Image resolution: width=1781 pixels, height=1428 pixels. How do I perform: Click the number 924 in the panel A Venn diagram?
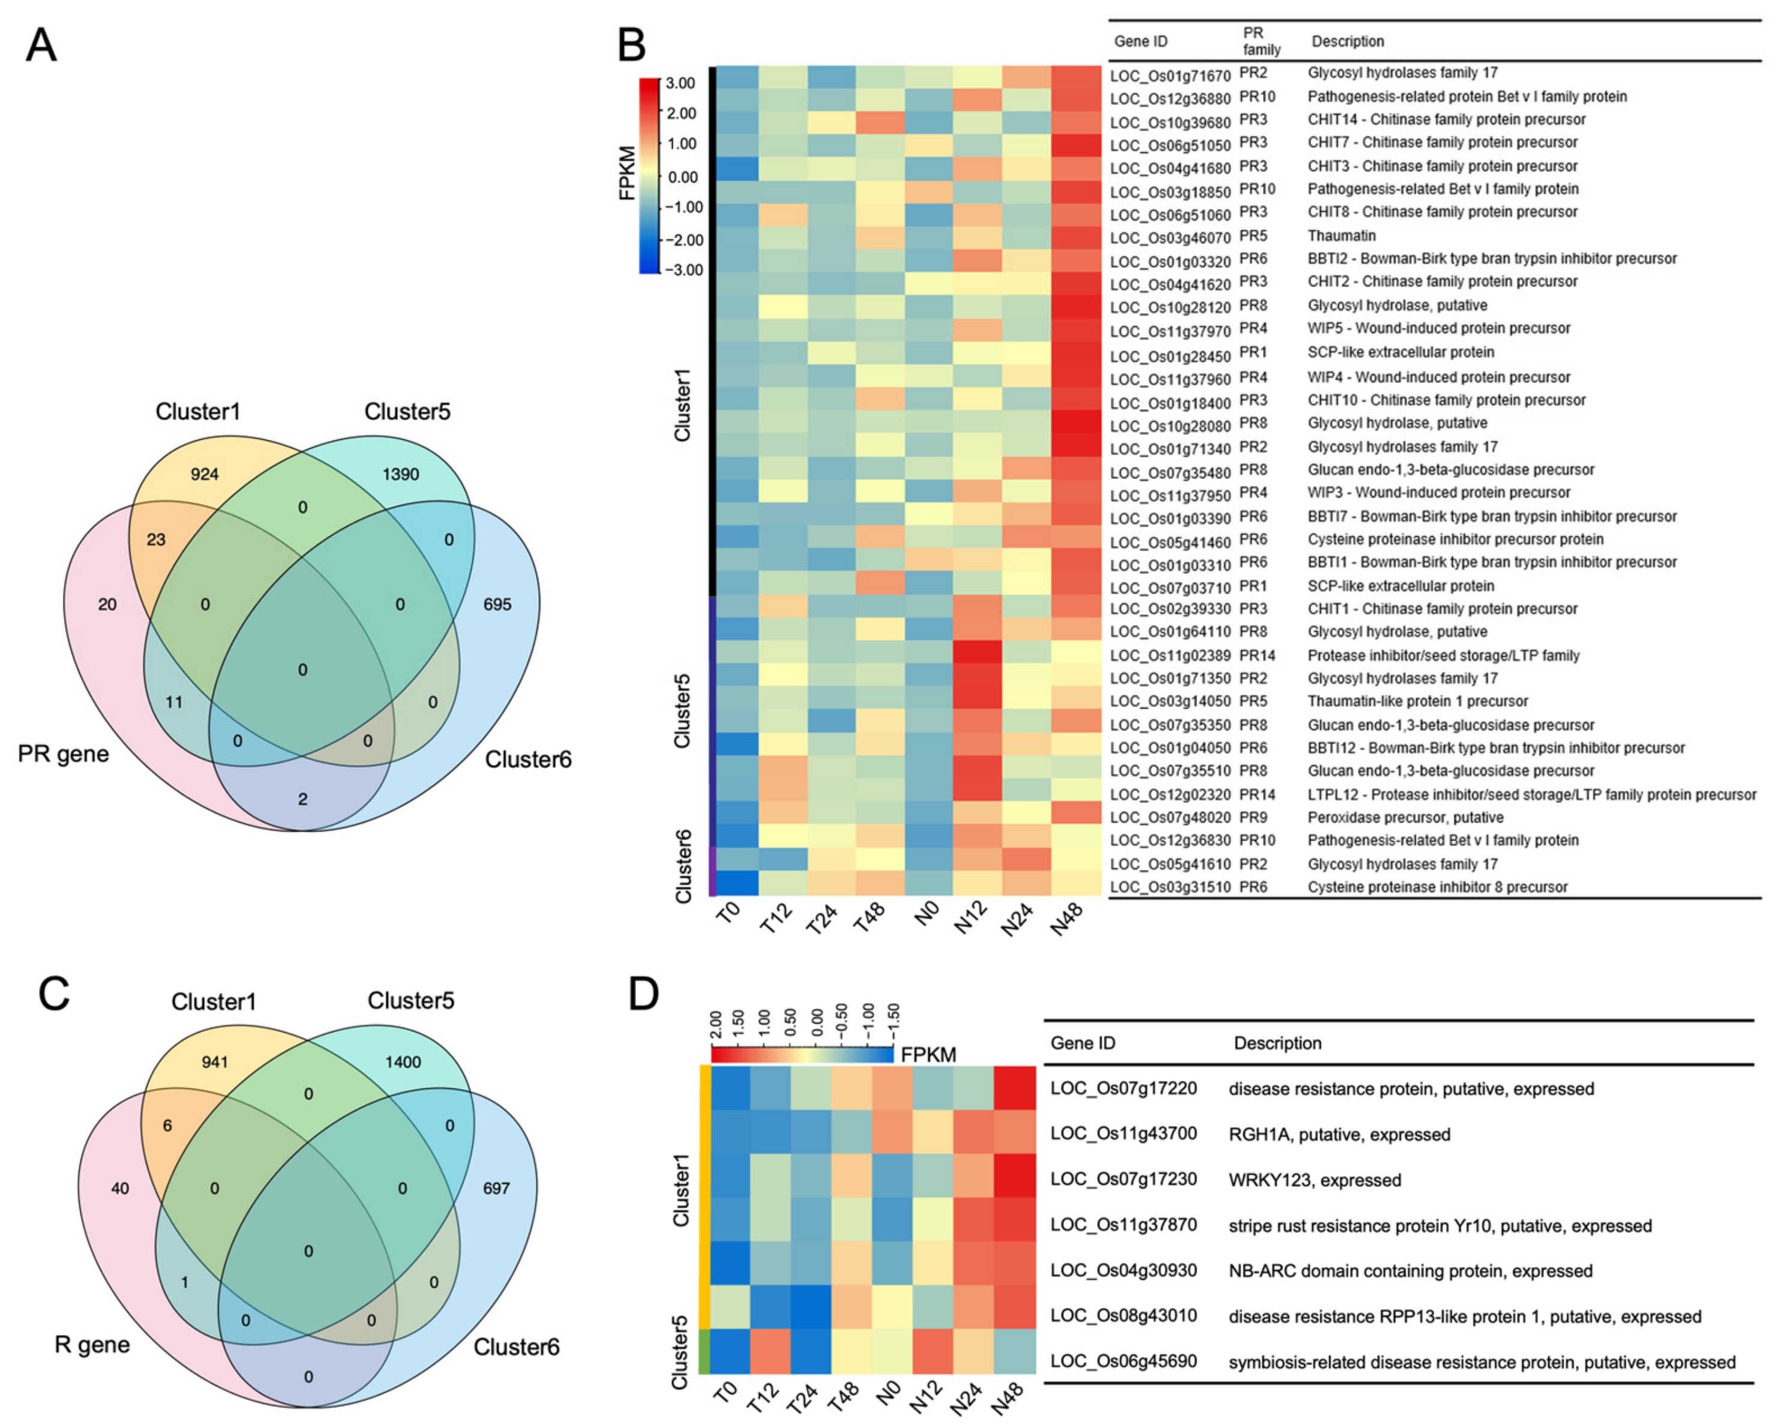(205, 474)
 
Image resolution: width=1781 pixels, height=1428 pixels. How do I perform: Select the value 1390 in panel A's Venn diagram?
(401, 474)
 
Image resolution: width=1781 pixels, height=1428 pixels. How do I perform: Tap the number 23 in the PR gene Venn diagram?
(156, 539)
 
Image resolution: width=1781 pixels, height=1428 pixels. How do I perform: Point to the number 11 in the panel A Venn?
(173, 702)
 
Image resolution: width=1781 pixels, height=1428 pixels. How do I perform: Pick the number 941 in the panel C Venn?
(215, 1062)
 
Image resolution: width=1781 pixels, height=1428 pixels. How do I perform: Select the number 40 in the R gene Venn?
(120, 1189)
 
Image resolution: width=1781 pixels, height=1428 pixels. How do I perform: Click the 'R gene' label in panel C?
(92, 1345)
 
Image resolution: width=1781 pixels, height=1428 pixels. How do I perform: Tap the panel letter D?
(643, 994)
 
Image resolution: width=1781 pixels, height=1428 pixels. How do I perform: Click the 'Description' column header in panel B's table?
(1347, 41)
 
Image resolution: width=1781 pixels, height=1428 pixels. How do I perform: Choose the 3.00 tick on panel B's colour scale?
(680, 83)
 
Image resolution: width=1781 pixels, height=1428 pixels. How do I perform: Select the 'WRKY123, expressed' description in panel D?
(1314, 1180)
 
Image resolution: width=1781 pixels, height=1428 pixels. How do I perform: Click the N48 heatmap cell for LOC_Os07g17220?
(1014, 1088)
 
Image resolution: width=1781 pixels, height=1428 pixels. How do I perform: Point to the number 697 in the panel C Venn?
(496, 1189)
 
